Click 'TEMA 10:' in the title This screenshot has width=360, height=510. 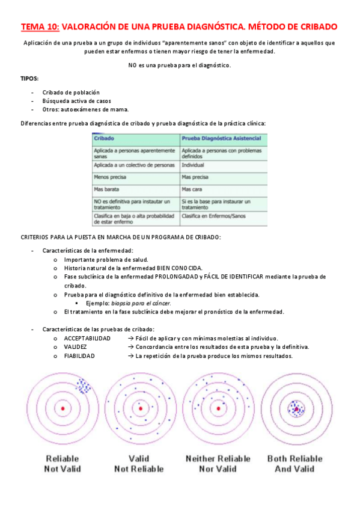pos(40,27)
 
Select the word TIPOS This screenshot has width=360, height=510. pos(29,78)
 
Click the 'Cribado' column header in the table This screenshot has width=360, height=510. pos(104,139)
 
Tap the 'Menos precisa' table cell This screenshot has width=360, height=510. pos(110,177)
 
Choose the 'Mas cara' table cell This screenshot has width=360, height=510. pos(192,189)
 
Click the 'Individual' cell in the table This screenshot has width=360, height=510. pos(193,165)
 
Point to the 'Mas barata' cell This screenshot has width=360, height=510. pos(107,189)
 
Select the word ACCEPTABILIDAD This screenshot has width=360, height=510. pos(87,339)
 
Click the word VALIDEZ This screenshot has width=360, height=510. pos(75,347)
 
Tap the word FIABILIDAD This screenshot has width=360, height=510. pos(79,356)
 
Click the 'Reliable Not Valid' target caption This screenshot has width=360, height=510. pos(63,464)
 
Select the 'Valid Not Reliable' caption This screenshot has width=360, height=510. pos(139,464)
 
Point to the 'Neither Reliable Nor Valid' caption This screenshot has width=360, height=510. pos(218,464)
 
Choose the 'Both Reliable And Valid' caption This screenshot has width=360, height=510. pos(294,464)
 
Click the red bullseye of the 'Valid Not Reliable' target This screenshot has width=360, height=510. pos(140,408)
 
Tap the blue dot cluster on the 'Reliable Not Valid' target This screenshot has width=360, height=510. pos(84,384)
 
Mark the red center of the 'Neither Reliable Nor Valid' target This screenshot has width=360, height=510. pos(218,408)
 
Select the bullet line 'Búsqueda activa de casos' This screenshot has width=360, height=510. pos(76,101)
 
